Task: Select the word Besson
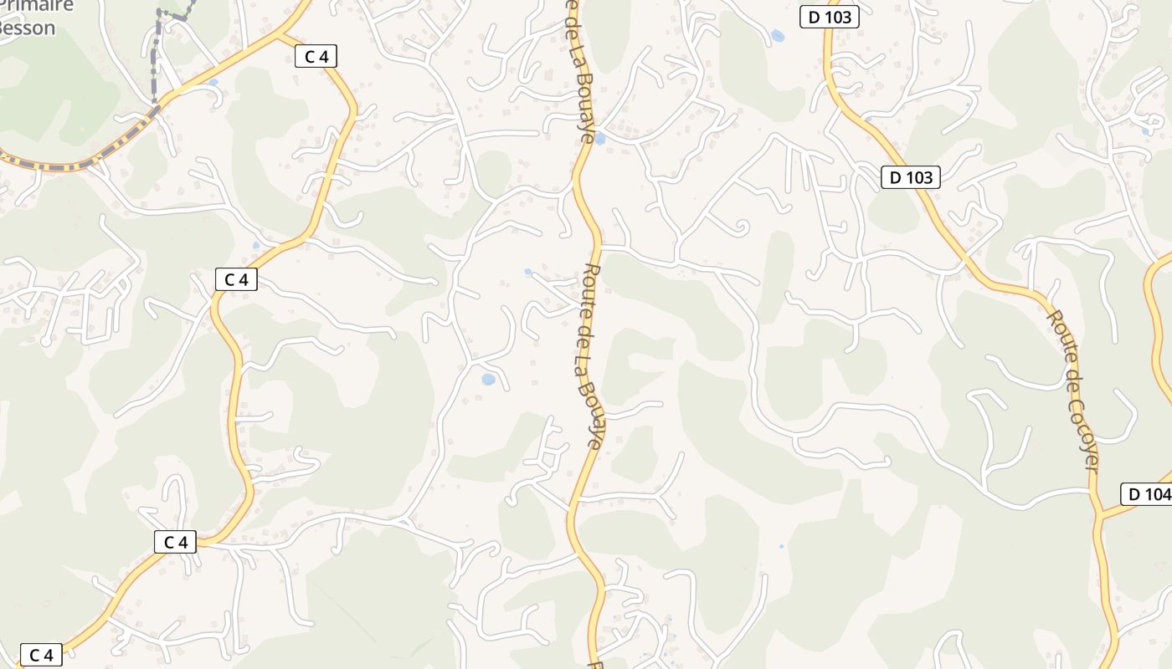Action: pyautogui.click(x=27, y=28)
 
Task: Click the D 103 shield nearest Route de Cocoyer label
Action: pyautogui.click(x=910, y=177)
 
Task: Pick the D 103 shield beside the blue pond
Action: pyautogui.click(x=829, y=16)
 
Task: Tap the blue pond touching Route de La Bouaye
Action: pyautogui.click(x=599, y=138)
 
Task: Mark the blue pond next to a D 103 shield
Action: pyautogui.click(x=778, y=36)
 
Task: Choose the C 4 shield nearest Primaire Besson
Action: pyautogui.click(x=316, y=56)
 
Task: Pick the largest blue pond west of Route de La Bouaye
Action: pyautogui.click(x=488, y=380)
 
